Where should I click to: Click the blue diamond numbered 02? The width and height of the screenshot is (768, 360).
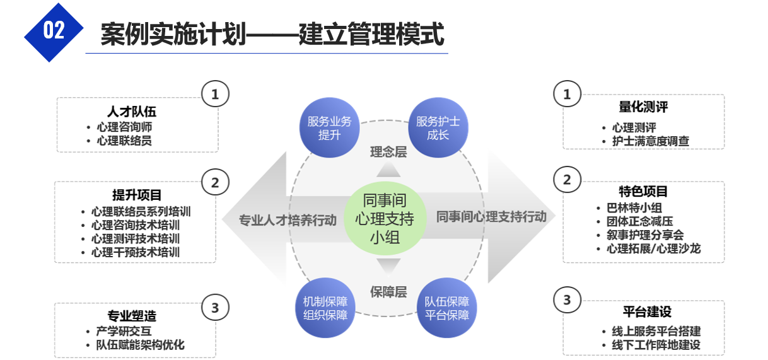coord(54,31)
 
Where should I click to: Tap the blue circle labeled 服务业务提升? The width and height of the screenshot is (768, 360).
coord(329,128)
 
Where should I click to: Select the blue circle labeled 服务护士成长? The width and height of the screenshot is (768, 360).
coord(438,128)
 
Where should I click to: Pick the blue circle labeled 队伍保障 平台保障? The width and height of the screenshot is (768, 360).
coord(446,308)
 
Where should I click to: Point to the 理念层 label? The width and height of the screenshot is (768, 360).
coord(388,152)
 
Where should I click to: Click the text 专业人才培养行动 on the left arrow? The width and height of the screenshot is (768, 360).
coord(288,220)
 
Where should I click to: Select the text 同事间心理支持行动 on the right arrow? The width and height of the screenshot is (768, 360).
coord(491,217)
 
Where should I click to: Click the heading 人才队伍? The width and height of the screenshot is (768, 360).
coord(132,112)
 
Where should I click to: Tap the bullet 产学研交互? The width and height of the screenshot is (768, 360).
coord(124,331)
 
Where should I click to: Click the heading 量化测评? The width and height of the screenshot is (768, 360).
coord(643,107)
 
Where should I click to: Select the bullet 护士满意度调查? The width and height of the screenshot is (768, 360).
coord(650,141)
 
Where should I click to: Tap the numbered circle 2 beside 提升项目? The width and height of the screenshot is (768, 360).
coord(215,183)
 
